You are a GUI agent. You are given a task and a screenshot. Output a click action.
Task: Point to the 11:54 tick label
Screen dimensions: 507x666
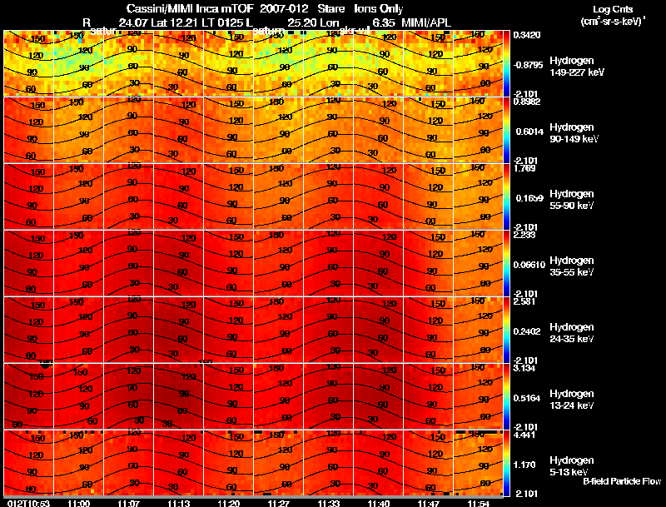click(x=479, y=503)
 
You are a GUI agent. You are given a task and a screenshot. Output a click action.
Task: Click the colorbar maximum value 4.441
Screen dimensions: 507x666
click(x=524, y=434)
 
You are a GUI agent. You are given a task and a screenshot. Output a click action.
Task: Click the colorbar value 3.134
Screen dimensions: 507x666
click(x=524, y=367)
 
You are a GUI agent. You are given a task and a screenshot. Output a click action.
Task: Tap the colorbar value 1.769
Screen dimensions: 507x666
click(x=524, y=168)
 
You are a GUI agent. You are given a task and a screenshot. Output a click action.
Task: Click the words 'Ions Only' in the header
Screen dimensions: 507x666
click(x=379, y=7)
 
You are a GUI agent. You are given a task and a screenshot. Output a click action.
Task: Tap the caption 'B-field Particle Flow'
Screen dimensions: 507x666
click(x=621, y=481)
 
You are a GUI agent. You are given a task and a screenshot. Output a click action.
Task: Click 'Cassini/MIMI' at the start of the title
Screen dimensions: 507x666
click(x=160, y=7)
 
